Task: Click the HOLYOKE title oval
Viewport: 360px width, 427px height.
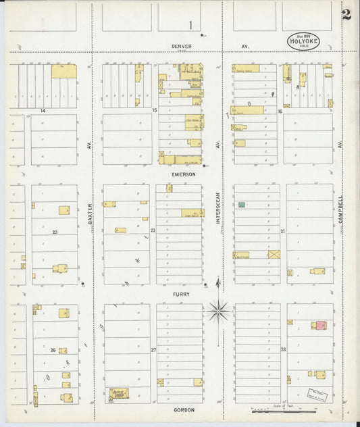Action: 303,41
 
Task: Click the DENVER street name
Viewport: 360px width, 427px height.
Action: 181,46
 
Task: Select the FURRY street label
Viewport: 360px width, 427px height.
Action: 181,294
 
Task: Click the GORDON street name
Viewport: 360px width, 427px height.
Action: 183,409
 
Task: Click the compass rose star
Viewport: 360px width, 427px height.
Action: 218,311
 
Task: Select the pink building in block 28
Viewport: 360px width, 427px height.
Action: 319,325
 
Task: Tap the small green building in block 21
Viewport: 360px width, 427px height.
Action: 242,204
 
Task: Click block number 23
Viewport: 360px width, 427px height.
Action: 54,232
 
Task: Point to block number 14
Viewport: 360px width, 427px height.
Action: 42,109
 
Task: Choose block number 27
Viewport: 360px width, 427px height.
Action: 153,350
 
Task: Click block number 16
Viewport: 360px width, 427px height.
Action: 280,111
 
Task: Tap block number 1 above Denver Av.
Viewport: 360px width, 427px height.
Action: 190,26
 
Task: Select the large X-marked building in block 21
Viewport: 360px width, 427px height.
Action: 274,254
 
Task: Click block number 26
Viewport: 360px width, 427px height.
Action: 53,350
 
